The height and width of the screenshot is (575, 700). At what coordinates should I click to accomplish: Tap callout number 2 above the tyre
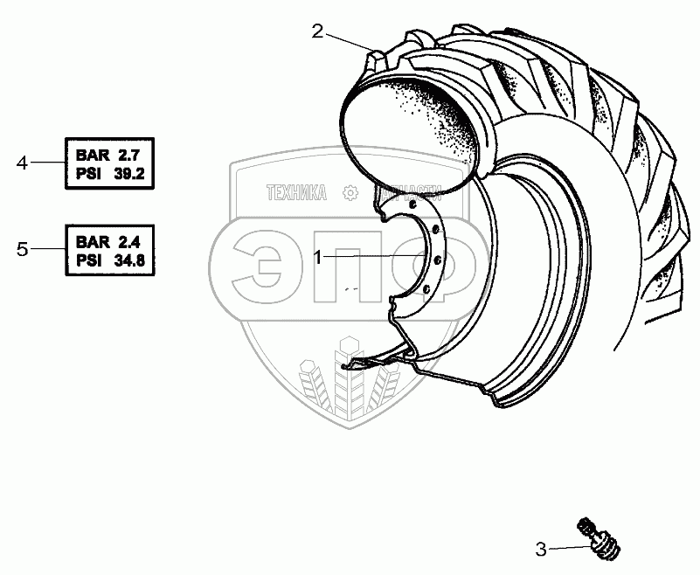[x=318, y=32]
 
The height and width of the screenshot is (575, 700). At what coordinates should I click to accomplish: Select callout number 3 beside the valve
[x=542, y=550]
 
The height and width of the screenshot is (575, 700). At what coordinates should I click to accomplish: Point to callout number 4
[x=24, y=163]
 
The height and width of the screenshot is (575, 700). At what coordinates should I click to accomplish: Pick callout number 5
[x=24, y=249]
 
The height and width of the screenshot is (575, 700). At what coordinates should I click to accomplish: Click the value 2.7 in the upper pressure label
[x=129, y=155]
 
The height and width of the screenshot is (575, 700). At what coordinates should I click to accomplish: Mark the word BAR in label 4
[x=91, y=155]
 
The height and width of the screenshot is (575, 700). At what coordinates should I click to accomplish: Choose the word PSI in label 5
[x=89, y=259]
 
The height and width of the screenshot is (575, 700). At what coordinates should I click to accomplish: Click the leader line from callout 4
[x=48, y=163]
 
